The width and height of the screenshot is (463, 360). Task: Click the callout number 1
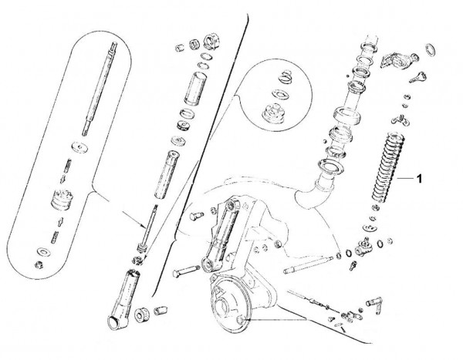419,179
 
